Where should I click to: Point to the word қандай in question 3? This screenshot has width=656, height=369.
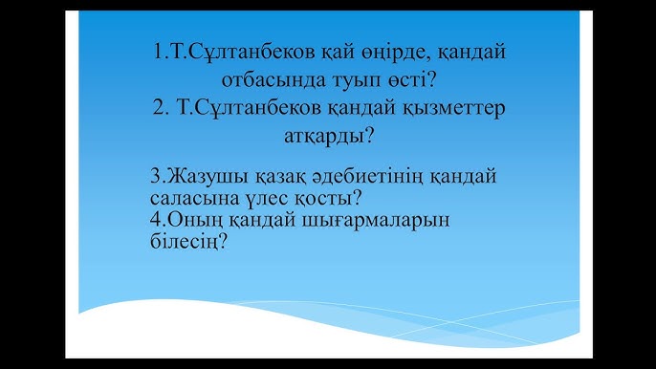click(460, 178)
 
